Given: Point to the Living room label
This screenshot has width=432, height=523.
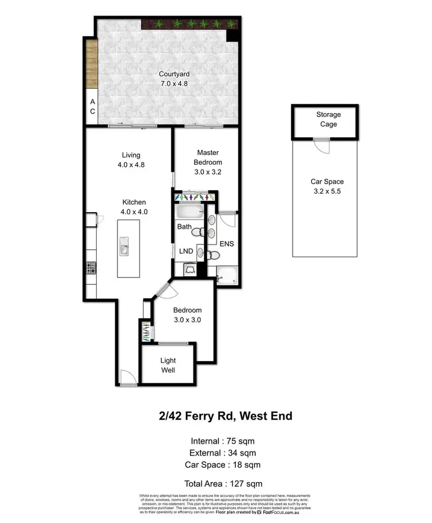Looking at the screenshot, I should [x=131, y=155].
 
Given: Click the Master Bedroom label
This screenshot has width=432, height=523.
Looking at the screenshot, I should [x=207, y=157].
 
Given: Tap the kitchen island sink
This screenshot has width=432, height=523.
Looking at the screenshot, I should [x=124, y=250].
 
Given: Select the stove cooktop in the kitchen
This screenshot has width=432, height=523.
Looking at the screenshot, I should [x=91, y=268].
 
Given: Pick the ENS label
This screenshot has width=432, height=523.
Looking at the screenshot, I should [x=228, y=244].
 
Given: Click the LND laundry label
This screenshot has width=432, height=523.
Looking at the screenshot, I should [x=185, y=251].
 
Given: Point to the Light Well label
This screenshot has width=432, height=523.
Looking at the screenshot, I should [x=168, y=365].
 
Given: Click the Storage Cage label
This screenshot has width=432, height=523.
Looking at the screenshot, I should [x=326, y=119].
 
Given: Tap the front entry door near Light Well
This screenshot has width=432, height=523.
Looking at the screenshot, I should [x=127, y=377].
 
